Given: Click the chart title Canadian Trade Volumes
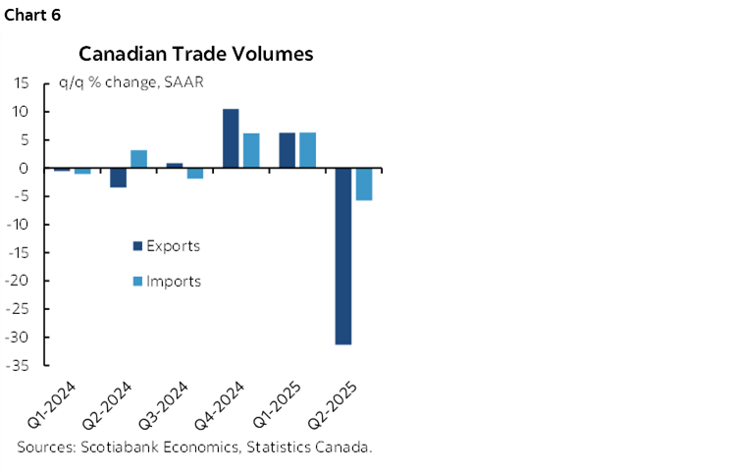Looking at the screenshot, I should (x=195, y=54).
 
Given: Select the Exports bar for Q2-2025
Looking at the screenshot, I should (x=342, y=256).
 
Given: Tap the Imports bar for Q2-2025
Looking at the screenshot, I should (x=364, y=184).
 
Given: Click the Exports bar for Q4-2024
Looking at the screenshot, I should (x=231, y=138).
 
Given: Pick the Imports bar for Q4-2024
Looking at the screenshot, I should (x=251, y=150).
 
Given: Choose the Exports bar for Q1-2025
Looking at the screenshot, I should (x=287, y=150).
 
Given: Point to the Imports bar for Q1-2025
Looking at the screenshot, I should (x=307, y=150).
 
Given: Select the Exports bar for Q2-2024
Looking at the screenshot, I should (x=118, y=178).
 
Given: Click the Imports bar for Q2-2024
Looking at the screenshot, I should (x=139, y=159).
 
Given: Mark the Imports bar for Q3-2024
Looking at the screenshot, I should (x=195, y=173).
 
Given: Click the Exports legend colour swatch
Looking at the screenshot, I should (x=137, y=246).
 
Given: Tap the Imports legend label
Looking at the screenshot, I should (x=174, y=282).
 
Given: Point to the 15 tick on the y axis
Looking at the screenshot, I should (x=22, y=83).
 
